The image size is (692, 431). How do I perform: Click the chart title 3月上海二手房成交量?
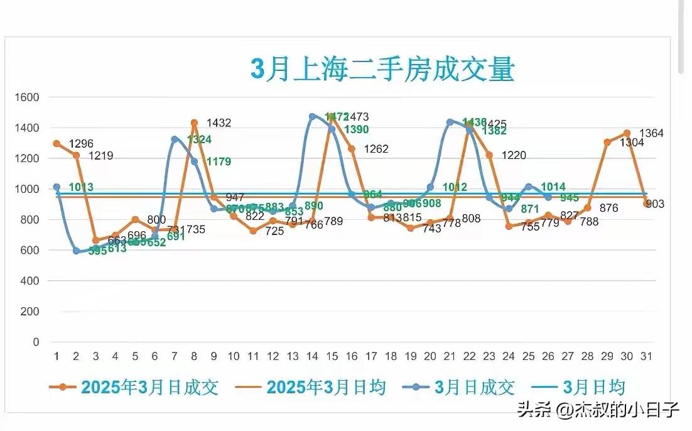(x=382, y=69)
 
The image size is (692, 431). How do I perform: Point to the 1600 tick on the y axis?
(x=28, y=97)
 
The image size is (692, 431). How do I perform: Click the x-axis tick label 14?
(x=312, y=356)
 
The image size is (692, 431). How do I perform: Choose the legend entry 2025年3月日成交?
(x=134, y=387)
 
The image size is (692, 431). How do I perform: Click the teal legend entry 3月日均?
(x=581, y=387)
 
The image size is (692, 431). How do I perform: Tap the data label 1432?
(x=219, y=123)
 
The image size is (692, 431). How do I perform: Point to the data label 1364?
(x=651, y=133)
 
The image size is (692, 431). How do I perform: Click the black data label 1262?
(x=376, y=150)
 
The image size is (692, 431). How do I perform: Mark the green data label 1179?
(x=219, y=161)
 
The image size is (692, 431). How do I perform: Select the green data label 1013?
(x=81, y=187)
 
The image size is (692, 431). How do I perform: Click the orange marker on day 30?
(x=627, y=133)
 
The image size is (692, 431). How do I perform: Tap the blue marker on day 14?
(x=312, y=116)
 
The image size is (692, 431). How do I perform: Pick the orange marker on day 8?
(x=194, y=123)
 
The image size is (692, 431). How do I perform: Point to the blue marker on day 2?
(x=77, y=251)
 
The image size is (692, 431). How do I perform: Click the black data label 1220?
(x=514, y=155)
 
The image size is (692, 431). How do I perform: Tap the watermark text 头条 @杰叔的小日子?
(x=598, y=411)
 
